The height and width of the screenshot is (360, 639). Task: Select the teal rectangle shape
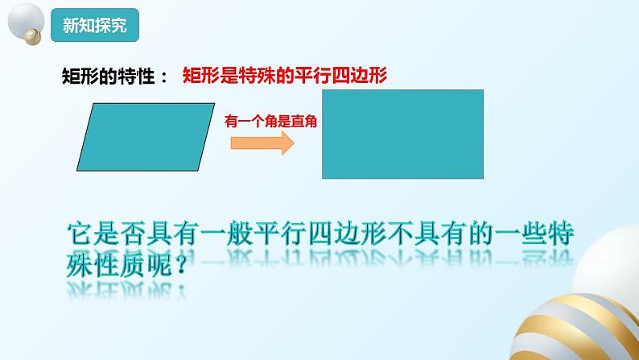tap(402, 134)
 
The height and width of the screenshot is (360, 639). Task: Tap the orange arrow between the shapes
tap(261, 143)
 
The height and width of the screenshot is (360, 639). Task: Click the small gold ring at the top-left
tap(33, 35)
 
